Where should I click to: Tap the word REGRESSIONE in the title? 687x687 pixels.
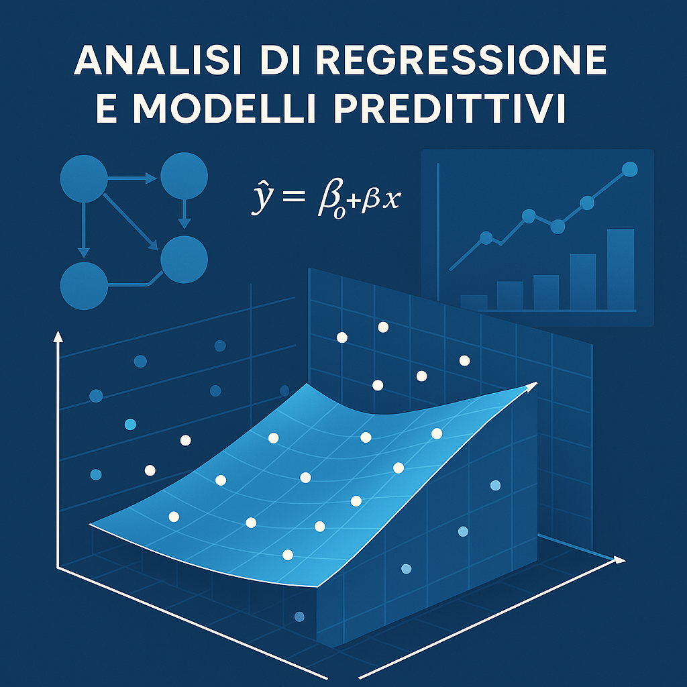(462, 60)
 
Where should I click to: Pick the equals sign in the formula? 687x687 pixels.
(293, 195)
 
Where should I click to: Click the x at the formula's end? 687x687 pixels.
(391, 199)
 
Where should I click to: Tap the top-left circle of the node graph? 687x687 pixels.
(84, 178)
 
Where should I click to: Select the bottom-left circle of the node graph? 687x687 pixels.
(84, 286)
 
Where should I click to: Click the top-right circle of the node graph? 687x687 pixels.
(184, 176)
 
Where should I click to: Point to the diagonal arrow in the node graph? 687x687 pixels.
(131, 221)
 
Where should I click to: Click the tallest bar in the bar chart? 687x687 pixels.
(621, 270)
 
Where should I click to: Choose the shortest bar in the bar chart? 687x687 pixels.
(474, 303)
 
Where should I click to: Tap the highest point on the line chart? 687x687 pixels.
(629, 169)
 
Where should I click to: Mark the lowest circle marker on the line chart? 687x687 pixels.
(486, 238)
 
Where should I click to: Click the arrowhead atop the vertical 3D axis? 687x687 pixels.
(58, 336)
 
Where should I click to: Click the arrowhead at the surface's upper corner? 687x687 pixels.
(531, 386)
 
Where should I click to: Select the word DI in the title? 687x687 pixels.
(279, 60)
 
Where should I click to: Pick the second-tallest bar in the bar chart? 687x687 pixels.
(583, 282)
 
